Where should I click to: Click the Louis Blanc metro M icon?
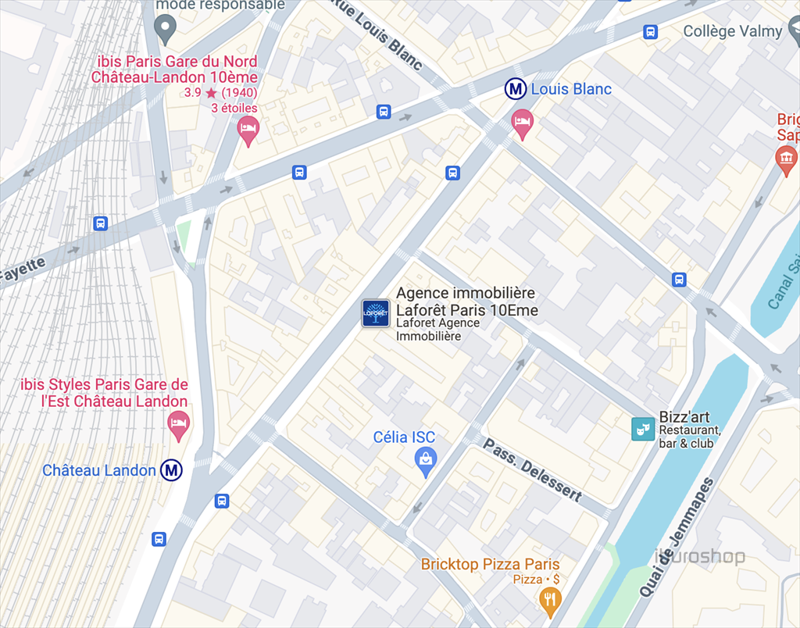[x=515, y=89]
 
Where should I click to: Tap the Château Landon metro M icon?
[x=172, y=470]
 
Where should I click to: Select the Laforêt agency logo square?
[x=376, y=313]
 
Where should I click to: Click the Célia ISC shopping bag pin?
[x=426, y=462]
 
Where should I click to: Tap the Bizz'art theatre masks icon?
[x=642, y=429]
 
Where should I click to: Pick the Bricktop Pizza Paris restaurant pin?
[x=551, y=599]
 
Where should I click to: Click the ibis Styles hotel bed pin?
[x=179, y=425]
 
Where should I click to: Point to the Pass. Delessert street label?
[x=533, y=469]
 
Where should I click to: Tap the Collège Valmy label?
[x=732, y=31]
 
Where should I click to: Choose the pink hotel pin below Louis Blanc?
[x=522, y=122]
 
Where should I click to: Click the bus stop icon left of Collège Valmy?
[x=650, y=32]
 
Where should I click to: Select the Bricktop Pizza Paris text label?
[x=490, y=564]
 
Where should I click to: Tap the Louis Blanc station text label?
[x=571, y=89]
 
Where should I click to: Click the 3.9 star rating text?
[x=220, y=92]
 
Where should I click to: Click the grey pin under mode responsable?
[x=164, y=30]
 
